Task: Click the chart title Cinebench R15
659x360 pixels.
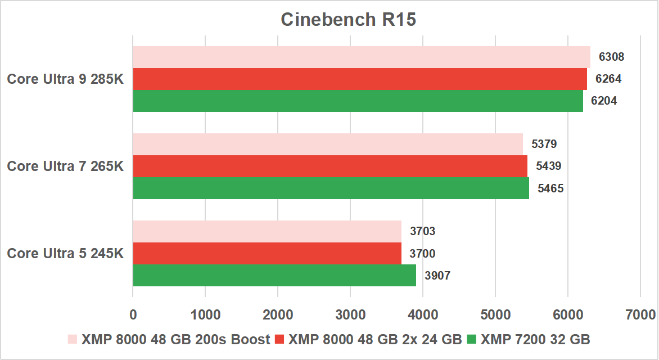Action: tap(348, 20)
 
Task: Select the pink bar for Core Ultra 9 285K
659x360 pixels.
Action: tap(362, 57)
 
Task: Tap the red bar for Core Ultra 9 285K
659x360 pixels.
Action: tap(360, 79)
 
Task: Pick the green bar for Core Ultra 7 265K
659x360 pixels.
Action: tap(331, 188)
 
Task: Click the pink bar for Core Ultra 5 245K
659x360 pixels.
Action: tap(267, 231)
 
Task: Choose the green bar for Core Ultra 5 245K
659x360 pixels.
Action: tap(274, 275)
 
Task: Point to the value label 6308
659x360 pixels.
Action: tap(612, 57)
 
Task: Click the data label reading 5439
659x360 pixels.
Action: tap(549, 166)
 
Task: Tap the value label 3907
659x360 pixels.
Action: tap(437, 276)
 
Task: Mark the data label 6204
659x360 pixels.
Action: tap(604, 101)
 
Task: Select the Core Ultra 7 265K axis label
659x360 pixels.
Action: tap(65, 166)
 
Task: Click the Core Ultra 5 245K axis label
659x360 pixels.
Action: tap(65, 253)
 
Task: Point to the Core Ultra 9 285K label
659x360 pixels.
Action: tap(65, 79)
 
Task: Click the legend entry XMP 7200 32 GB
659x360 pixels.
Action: tap(534, 339)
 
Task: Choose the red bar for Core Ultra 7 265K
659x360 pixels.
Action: tap(330, 166)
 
